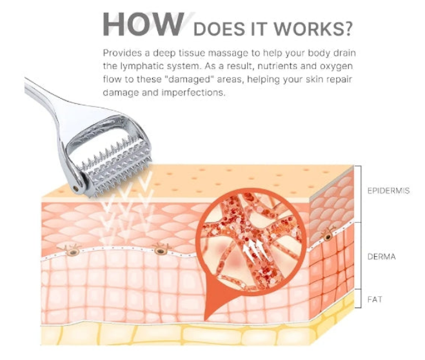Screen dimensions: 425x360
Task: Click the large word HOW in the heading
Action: click(x=143, y=24)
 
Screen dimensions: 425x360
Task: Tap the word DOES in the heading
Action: click(x=219, y=29)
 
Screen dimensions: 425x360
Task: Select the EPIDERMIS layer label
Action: click(x=388, y=190)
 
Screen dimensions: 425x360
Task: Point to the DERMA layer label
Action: click(x=381, y=256)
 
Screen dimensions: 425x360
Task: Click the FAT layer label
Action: click(x=375, y=299)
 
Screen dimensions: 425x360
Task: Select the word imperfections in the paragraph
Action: click(x=193, y=93)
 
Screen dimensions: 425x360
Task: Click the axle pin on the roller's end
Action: click(x=77, y=188)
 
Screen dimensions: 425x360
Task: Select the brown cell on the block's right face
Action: click(x=328, y=236)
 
